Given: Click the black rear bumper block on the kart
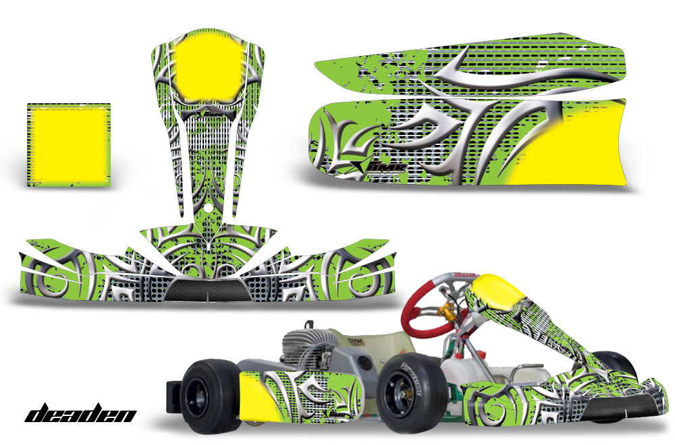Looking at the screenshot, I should (173, 396).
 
